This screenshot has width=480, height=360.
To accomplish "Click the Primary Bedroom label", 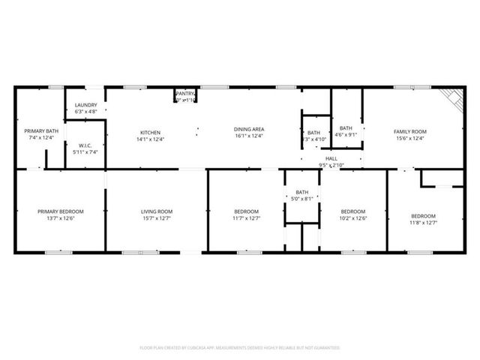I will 61,211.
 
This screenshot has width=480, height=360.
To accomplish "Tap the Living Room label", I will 157,211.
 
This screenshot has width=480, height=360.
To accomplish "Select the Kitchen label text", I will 150,132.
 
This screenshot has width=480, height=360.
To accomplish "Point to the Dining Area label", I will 248,129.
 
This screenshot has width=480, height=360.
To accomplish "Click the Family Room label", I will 410,132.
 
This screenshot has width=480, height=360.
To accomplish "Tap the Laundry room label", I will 85,106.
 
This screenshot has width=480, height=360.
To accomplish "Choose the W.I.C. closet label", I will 85,145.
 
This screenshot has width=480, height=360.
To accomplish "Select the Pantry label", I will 185,94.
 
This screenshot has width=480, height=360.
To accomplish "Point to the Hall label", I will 331,158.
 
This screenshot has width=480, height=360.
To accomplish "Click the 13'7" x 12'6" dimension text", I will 61,217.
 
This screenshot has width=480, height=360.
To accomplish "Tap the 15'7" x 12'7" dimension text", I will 157,217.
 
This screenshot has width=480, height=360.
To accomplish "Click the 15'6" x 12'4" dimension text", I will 410,138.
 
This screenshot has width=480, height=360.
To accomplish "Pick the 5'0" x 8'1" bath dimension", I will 302,198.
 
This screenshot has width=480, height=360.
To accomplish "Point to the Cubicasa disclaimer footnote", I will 240,348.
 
